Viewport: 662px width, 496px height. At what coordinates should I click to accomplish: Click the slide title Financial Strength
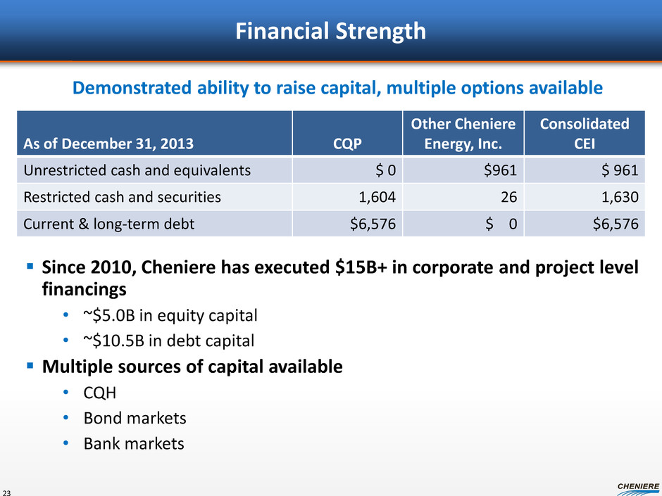point(330,31)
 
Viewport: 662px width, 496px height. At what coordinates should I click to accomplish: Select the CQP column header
point(347,144)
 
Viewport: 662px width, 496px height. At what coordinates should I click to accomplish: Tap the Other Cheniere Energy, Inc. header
point(463,134)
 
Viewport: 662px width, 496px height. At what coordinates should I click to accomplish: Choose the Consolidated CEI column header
point(585,134)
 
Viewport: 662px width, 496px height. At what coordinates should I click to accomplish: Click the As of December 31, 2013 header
point(108,144)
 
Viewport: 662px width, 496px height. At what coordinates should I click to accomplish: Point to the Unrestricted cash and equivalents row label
point(137,170)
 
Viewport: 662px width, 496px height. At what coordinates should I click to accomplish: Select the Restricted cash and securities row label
point(122,197)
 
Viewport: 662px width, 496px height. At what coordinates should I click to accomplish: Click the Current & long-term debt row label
point(109,224)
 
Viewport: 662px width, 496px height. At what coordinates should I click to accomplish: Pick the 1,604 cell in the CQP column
point(377,197)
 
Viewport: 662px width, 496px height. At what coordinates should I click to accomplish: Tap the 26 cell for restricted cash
point(508,197)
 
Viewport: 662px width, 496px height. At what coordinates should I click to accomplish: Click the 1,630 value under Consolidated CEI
point(620,197)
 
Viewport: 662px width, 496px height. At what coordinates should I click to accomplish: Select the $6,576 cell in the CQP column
point(373,224)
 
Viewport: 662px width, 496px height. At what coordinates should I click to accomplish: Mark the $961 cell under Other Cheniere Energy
point(500,170)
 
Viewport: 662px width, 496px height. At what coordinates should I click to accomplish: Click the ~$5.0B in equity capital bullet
point(170,315)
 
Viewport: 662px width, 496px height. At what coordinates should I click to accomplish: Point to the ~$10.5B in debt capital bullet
point(169,341)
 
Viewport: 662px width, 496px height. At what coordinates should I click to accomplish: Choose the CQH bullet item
point(99,393)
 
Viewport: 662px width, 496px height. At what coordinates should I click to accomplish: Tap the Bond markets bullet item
point(135,418)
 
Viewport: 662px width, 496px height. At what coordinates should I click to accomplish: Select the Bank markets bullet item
point(134,444)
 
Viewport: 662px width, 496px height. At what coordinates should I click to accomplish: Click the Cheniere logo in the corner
point(638,489)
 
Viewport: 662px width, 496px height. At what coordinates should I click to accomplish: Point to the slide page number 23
point(6,492)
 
